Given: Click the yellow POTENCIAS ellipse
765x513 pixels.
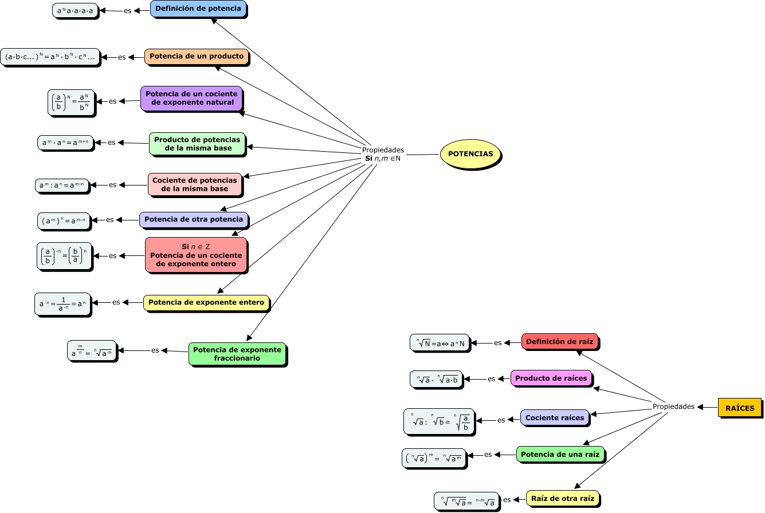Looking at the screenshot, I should click(470, 154).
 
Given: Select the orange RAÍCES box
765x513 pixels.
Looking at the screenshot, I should click(740, 408).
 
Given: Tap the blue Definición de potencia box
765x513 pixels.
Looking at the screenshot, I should click(198, 9).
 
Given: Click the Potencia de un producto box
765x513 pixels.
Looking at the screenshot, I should click(196, 57).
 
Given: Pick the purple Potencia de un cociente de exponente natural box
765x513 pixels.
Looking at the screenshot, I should click(191, 98).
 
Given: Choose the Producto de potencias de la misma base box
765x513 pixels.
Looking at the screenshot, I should click(197, 144).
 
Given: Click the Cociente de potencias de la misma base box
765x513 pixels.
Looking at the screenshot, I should click(194, 184).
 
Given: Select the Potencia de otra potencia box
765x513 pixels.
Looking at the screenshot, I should click(194, 219).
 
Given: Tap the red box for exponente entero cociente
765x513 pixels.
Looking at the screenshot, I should click(196, 255).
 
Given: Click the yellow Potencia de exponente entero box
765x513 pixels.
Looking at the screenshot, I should click(206, 302).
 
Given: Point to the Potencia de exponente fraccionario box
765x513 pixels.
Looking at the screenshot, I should click(237, 354).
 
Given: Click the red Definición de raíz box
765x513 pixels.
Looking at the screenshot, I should click(559, 342).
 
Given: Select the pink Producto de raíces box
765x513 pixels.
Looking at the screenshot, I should click(551, 378).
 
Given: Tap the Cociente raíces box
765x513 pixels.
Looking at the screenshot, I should click(554, 418).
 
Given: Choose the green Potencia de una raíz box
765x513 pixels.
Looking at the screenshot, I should click(560, 455).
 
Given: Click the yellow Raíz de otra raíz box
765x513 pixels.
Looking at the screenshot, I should click(562, 499).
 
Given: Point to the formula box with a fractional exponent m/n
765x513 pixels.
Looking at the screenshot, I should click(92, 351).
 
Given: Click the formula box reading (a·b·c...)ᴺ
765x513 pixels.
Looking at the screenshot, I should click(50, 57).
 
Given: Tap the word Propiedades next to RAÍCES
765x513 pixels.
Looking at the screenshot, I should click(673, 407).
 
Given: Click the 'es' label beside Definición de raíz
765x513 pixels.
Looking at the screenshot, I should click(497, 343).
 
